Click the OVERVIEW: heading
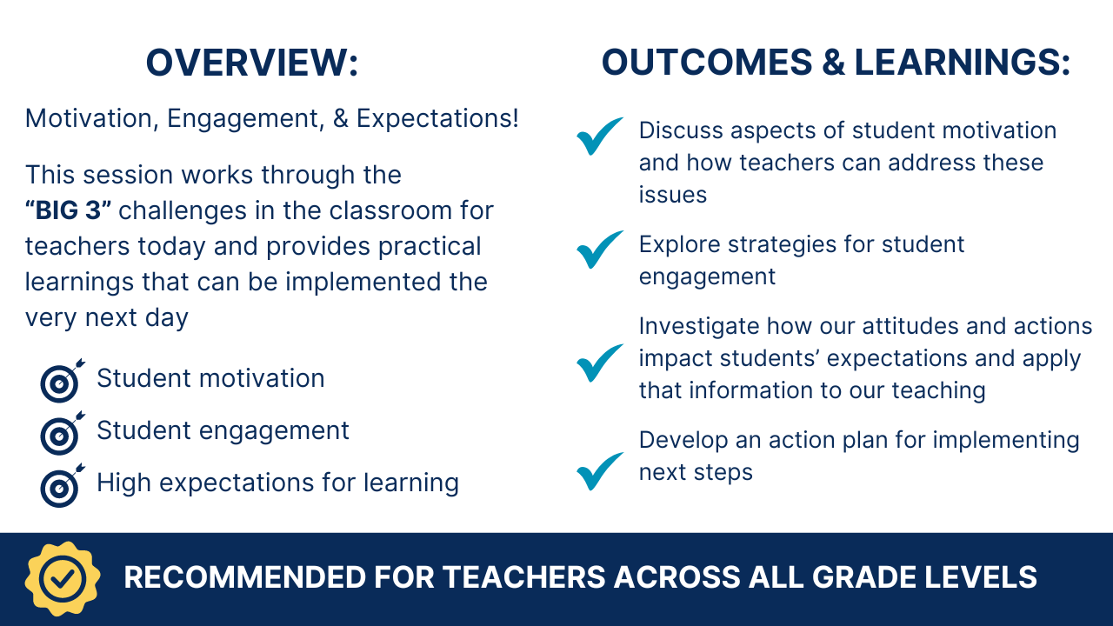[x=252, y=63]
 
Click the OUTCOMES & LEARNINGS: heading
[x=836, y=63]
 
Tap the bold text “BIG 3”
[x=68, y=210]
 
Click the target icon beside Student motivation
[x=62, y=382]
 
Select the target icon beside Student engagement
[x=62, y=434]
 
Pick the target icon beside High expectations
[x=62, y=486]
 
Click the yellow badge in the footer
[x=63, y=579]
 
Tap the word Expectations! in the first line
[x=437, y=118]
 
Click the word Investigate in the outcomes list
[x=698, y=327]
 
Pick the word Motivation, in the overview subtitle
[x=92, y=119]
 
